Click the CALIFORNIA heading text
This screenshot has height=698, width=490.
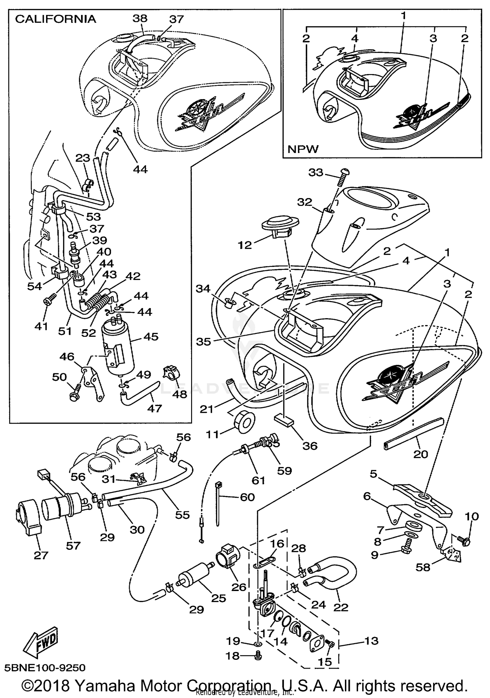point(56,19)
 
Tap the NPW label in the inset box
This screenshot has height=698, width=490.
point(302,149)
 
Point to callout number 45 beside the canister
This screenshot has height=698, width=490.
point(151,336)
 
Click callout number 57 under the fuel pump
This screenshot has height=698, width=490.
point(73,545)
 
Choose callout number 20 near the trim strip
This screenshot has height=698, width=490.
point(420,454)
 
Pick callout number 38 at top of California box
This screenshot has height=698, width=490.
point(140,18)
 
